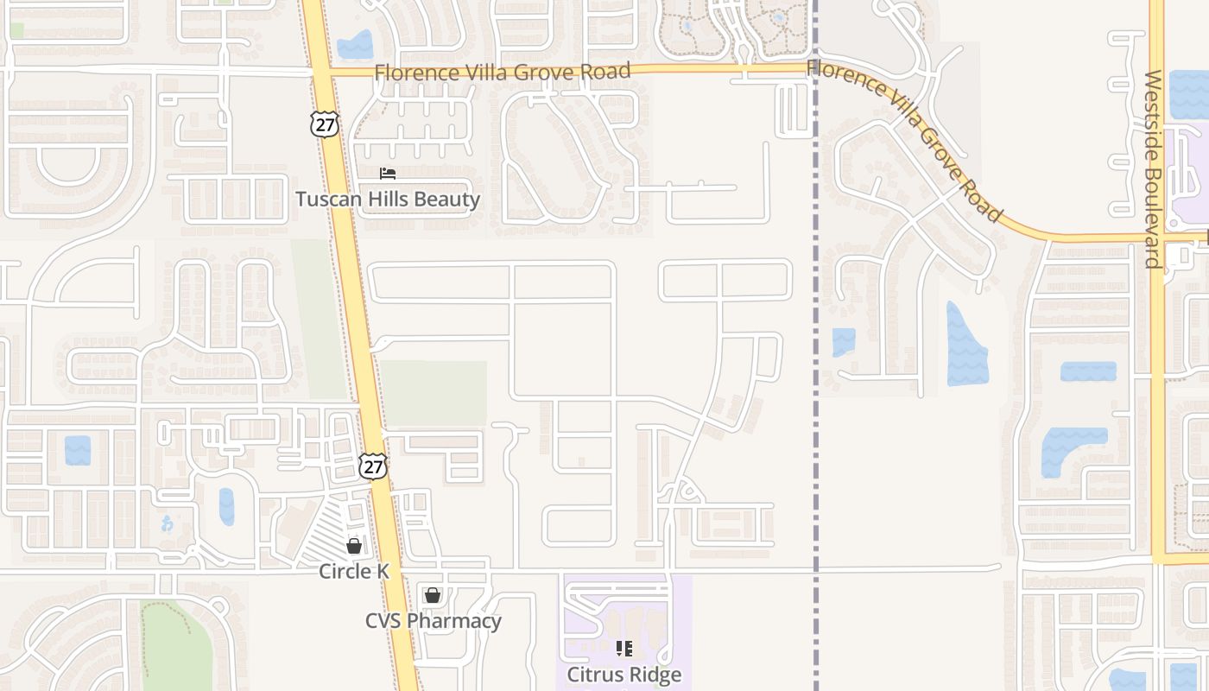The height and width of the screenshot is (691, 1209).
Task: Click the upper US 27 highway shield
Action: pos(325,124)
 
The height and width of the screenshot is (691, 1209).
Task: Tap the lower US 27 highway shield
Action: pos(372,466)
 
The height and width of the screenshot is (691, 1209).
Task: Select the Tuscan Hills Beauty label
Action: pos(388,199)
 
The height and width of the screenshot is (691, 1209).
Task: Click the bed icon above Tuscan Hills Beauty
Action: pos(388,174)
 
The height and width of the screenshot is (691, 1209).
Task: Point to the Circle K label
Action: pos(354,571)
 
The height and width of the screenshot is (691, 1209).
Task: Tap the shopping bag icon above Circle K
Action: pos(354,546)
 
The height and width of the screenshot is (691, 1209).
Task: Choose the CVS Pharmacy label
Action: pos(433,621)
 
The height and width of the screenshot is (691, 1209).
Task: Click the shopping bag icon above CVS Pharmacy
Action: pos(433,595)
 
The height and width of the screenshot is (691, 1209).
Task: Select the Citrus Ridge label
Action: pos(624,675)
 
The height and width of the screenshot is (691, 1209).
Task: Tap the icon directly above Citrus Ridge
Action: pos(624,648)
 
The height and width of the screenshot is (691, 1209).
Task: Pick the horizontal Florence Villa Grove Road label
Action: pos(503,72)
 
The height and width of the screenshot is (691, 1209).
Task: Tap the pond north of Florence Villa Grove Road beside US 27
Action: pos(355,45)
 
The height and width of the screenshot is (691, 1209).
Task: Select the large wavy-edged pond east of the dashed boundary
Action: pos(965,345)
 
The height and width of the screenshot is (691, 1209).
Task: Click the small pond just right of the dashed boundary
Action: pos(844,342)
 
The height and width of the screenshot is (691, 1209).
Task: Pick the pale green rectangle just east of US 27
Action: pos(434,393)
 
